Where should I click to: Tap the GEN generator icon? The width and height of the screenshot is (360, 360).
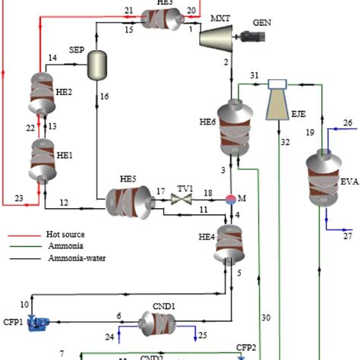click(249, 36)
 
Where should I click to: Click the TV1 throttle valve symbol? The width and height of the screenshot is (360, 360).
click(182, 200)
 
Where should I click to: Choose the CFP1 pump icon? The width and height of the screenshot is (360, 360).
click(35, 324)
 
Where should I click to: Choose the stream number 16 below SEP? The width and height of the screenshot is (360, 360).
click(105, 96)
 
